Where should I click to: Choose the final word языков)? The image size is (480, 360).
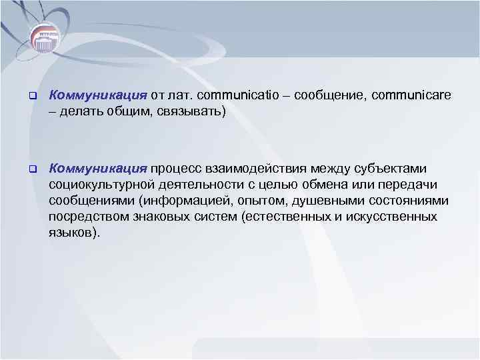(x=74, y=234)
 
